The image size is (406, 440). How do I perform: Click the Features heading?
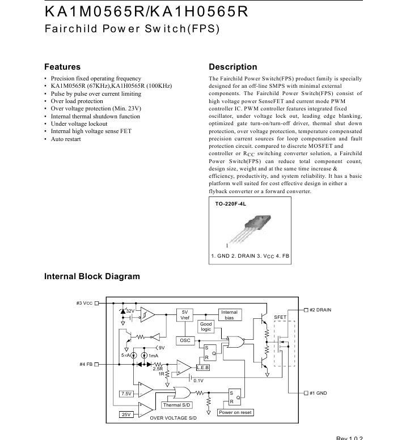pyautogui.click(x=62, y=67)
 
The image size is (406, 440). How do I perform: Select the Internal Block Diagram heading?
pyautogui.click(x=92, y=276)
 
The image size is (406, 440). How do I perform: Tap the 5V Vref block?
pyautogui.click(x=185, y=315)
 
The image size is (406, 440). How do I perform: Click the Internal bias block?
pyautogui.click(x=229, y=315)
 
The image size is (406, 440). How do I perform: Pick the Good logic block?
pyautogui.click(x=205, y=326)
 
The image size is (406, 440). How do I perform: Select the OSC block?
pyautogui.click(x=185, y=340)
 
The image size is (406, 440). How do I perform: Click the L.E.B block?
pyautogui.click(x=202, y=368)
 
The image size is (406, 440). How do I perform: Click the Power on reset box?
pyautogui.click(x=235, y=412)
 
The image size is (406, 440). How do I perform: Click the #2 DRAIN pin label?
pyautogui.click(x=320, y=310)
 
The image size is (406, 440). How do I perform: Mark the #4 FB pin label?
pyautogui.click(x=86, y=364)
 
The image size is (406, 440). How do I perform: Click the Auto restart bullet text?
pyautogui.click(x=66, y=139)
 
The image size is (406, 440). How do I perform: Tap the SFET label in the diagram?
pyautogui.click(x=280, y=317)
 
